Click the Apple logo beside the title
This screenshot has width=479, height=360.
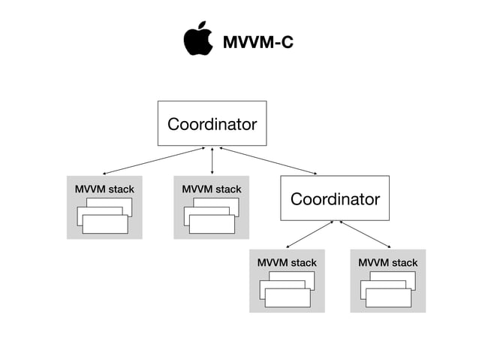pyautogui.click(x=197, y=41)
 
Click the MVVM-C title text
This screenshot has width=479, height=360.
pyautogui.click(x=258, y=43)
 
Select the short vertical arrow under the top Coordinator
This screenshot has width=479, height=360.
pyautogui.click(x=212, y=161)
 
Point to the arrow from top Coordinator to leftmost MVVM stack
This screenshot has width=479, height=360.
pyautogui.click(x=154, y=161)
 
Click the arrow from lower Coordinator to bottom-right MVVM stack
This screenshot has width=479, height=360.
pyautogui.click(x=366, y=234)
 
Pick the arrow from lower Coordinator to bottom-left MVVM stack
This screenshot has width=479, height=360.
pyautogui.click(x=309, y=234)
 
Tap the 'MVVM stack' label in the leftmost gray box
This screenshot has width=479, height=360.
pyautogui.click(x=104, y=189)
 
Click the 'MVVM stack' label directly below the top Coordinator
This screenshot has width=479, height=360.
pyautogui.click(x=211, y=189)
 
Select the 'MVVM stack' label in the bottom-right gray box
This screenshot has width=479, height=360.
pyautogui.click(x=387, y=262)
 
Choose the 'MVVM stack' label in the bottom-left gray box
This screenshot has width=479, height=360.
pyautogui.click(x=287, y=262)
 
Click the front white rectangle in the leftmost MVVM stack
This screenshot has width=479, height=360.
pyautogui.click(x=105, y=224)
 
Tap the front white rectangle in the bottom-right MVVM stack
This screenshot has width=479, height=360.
pyautogui.click(x=388, y=298)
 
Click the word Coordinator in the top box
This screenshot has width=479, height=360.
pyautogui.click(x=212, y=124)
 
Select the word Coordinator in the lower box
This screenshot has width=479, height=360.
pyautogui.click(x=335, y=199)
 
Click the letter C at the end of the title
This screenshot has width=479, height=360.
pyautogui.click(x=285, y=43)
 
